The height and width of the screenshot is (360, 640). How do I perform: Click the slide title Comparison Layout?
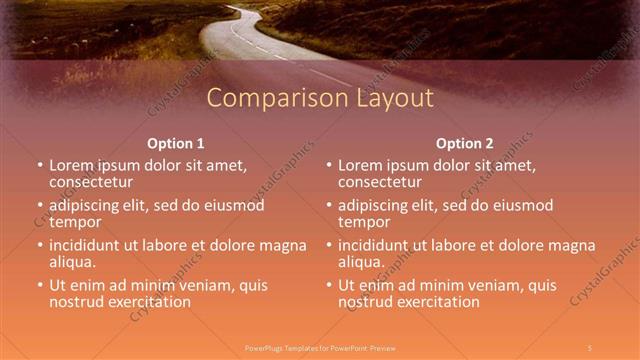320,98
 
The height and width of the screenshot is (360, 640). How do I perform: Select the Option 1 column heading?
175,143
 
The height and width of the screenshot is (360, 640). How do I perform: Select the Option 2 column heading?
464,143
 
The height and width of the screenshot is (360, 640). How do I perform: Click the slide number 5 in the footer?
590,347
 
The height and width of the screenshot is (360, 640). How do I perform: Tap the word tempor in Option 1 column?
76,222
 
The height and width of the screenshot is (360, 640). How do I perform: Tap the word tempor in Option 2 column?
364,222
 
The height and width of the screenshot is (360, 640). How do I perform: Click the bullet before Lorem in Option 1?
40,164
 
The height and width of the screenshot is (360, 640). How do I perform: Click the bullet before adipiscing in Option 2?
328,205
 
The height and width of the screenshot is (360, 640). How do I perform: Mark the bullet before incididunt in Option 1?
40,245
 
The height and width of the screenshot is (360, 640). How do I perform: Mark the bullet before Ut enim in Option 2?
328,285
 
